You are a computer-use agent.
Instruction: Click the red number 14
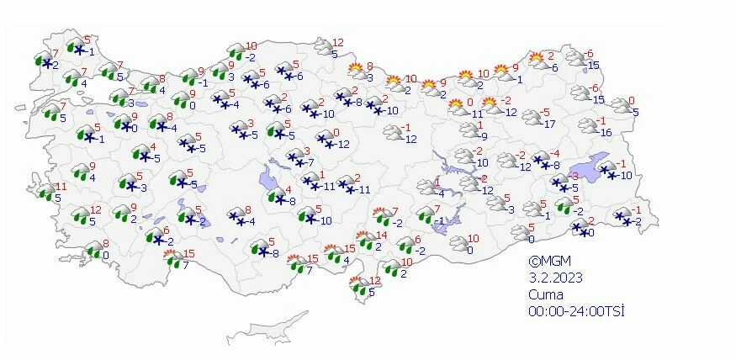pyautogui.click(x=382, y=236)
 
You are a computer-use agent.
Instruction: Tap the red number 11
pyautogui.click(x=60, y=187)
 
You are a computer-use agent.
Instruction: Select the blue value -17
pyautogui.click(x=550, y=124)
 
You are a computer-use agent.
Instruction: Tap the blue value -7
pyautogui.click(x=309, y=162)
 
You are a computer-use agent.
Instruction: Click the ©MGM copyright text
pyautogui.click(x=546, y=261)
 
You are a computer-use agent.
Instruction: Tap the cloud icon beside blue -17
pyautogui.click(x=532, y=117)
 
